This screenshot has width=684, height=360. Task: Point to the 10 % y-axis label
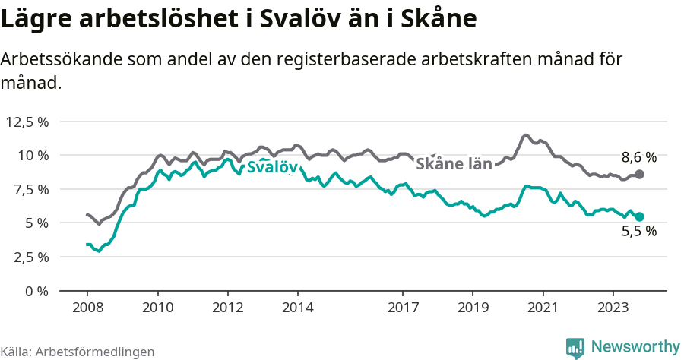click(33, 156)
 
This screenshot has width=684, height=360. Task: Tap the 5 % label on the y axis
click(36, 223)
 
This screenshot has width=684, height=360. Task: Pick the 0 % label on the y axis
click(36, 291)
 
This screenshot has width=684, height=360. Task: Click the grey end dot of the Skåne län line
click(639, 175)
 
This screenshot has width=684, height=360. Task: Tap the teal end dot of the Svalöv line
click(639, 216)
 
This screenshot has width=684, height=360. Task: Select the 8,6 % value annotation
click(638, 158)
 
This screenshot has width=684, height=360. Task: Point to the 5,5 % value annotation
click(638, 232)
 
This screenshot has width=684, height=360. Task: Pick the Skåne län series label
click(454, 163)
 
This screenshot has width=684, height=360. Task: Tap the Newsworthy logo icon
click(575, 347)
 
